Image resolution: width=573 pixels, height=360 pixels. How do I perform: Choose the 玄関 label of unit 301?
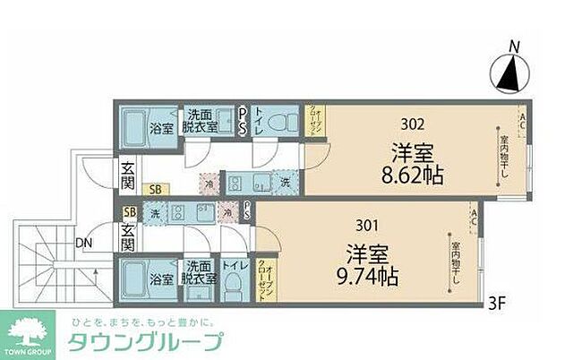click(x=128, y=236)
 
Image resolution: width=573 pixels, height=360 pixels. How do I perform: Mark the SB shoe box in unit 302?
click(x=156, y=188)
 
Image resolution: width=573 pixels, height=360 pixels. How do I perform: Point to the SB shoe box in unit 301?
click(x=130, y=212)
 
